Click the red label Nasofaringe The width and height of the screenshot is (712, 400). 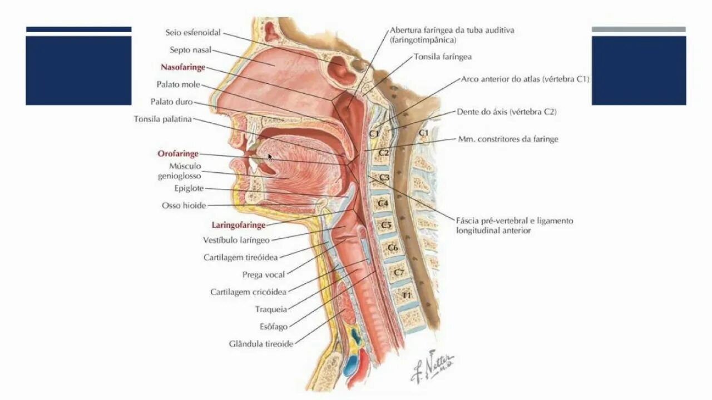(x=183, y=67)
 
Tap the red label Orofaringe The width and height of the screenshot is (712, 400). (x=177, y=153)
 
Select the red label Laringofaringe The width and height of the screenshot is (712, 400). (x=238, y=225)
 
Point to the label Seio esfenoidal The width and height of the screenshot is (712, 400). (x=194, y=33)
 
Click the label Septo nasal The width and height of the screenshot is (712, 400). (x=191, y=50)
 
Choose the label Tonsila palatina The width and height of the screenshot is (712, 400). (x=162, y=119)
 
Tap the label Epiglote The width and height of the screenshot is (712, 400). (x=189, y=188)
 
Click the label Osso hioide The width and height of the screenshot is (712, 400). (x=184, y=206)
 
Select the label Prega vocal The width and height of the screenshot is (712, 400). (x=264, y=274)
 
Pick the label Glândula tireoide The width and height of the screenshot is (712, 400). (x=261, y=344)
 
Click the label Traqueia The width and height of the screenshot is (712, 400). (x=271, y=309)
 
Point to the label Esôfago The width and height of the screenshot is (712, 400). (x=273, y=327)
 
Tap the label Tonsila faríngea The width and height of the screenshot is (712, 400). (x=443, y=57)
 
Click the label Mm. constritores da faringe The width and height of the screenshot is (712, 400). (x=507, y=139)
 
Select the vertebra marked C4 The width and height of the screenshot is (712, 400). (x=383, y=203)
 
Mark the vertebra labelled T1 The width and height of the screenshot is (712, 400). (x=407, y=295)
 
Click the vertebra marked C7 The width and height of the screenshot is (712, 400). (x=399, y=272)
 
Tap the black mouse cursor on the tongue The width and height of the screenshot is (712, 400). (x=270, y=157)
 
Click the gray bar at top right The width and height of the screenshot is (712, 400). (x=639, y=29)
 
